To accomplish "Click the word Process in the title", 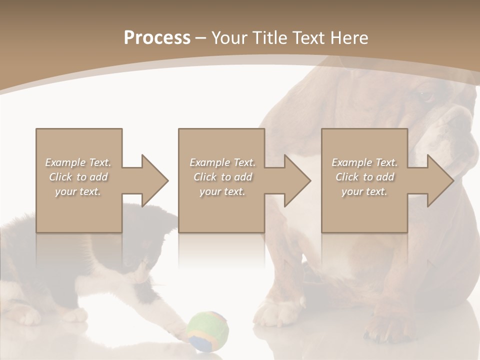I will click(x=157, y=38).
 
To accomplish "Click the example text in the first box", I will click(x=78, y=177).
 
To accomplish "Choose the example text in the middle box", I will click(x=222, y=177).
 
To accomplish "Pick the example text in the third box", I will click(x=364, y=177).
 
